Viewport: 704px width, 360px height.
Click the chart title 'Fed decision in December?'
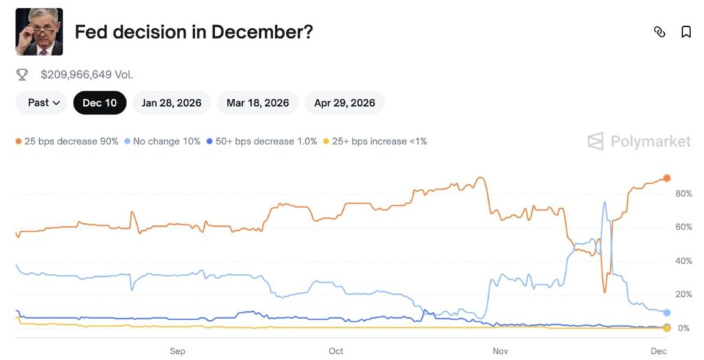pos(193,32)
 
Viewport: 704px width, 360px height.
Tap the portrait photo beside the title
pos(39,32)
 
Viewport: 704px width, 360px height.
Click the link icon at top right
pos(659,32)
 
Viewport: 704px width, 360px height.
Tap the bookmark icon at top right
pos(685,32)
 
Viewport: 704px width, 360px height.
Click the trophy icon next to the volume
pos(22,74)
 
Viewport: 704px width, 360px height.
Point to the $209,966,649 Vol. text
pos(87,74)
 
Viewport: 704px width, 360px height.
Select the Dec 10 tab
pos(100,103)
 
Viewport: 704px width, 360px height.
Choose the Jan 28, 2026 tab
pos(171,103)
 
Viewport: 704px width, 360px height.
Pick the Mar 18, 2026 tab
pos(257,103)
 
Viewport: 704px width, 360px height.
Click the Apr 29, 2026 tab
pos(344,103)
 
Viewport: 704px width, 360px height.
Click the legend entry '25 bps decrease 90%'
pos(67,142)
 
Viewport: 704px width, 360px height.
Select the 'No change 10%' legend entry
pos(162,142)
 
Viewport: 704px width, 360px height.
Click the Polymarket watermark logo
pos(639,142)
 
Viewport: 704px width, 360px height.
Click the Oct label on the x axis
pos(335,351)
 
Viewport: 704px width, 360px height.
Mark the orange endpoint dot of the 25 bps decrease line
pos(666,179)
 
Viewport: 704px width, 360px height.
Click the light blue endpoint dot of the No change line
pos(666,313)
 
